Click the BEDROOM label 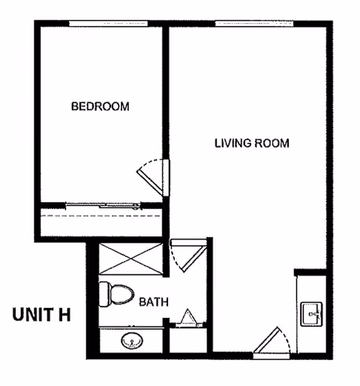tap(100, 106)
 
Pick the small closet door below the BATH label tap(186, 319)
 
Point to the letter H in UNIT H tap(65, 314)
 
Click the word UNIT tap(32, 314)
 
